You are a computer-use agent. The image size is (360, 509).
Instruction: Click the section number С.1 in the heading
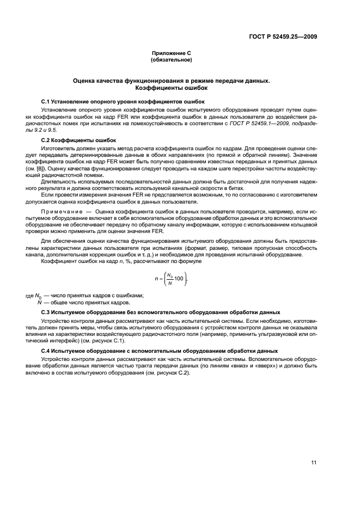46,101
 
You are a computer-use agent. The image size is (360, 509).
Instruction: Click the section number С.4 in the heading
46,351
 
